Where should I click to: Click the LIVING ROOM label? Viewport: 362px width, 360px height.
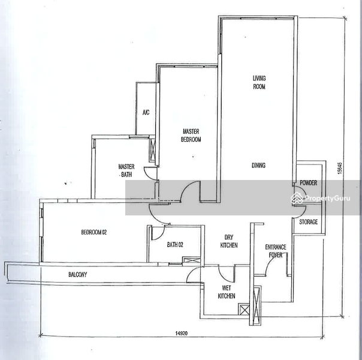point(259,82)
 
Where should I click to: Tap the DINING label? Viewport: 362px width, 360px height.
point(258,166)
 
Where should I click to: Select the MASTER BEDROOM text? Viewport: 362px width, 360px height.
point(191,135)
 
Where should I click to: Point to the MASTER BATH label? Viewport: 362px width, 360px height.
point(126,170)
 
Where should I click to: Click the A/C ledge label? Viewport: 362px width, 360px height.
point(146,113)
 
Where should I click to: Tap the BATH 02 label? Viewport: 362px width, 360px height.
point(175,244)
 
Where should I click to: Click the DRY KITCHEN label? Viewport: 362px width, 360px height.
point(229,241)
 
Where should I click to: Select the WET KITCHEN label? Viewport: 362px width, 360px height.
point(227,292)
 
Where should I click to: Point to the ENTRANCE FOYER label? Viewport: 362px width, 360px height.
point(276,251)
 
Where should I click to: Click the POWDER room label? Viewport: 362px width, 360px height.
point(309,183)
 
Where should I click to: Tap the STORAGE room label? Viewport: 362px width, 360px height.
point(309,222)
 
